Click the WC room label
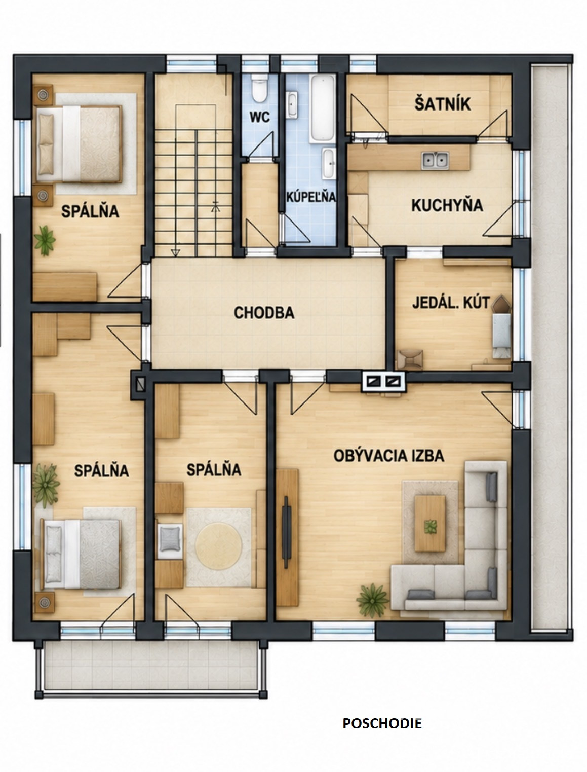[x=260, y=117]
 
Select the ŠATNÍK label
[x=442, y=104]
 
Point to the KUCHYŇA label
[x=447, y=205]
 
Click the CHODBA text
[x=264, y=313]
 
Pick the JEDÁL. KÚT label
[x=451, y=303]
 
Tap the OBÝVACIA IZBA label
[x=389, y=456]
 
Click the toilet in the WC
[x=260, y=88]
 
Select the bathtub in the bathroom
[x=323, y=109]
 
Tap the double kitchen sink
[x=435, y=160]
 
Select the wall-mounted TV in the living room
[x=286, y=532]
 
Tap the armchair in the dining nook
[x=410, y=359]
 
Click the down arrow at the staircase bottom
[x=175, y=252]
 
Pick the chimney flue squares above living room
[x=384, y=381]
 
